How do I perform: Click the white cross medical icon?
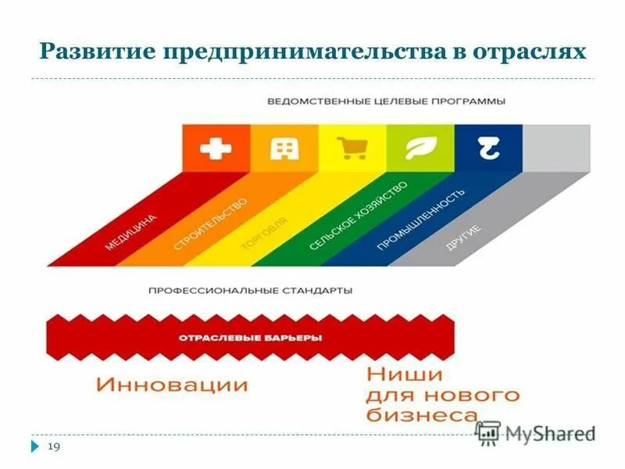click(x=216, y=149)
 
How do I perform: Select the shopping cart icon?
click(x=352, y=149)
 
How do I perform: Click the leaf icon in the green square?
click(x=420, y=149)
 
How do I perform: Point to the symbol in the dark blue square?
click(x=488, y=149)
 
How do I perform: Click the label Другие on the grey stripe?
click(x=463, y=238)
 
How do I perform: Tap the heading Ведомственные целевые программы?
click(x=386, y=102)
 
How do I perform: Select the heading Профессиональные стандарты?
click(x=250, y=290)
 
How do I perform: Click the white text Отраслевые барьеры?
click(x=251, y=338)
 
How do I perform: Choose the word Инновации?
click(x=173, y=385)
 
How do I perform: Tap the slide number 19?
click(x=55, y=446)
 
